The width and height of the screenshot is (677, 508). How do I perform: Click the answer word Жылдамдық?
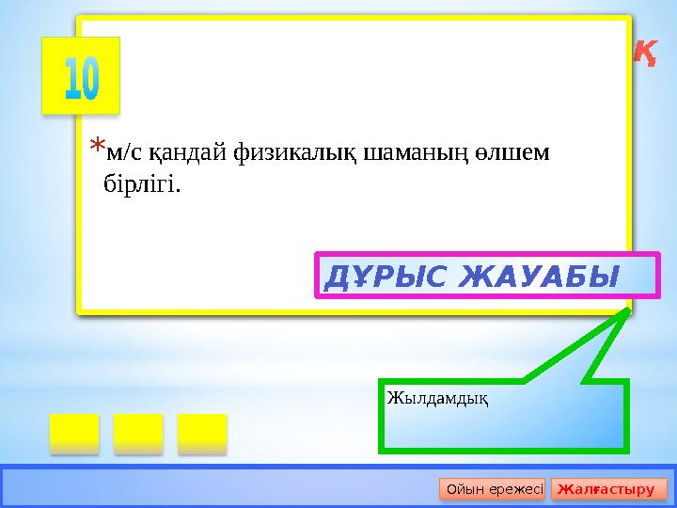436,399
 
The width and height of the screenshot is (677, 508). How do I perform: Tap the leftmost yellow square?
74,433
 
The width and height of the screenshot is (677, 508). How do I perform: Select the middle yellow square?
138,433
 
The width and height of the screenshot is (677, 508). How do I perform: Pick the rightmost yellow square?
202,433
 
